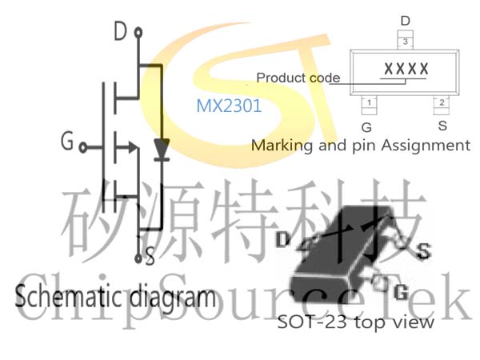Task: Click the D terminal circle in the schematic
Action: [x=138, y=33]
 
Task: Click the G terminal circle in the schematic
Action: [x=82, y=147]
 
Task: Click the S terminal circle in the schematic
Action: [x=138, y=258]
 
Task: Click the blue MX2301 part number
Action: [x=229, y=106]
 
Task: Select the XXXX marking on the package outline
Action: [x=406, y=69]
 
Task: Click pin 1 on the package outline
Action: [x=369, y=104]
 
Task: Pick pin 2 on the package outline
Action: [x=442, y=104]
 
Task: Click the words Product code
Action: [x=298, y=78]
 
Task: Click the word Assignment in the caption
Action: [x=426, y=145]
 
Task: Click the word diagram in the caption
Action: [x=173, y=298]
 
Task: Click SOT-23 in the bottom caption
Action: [x=312, y=322]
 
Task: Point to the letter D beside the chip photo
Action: [x=282, y=239]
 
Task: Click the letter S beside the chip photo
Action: [x=424, y=250]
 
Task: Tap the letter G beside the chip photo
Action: [x=402, y=292]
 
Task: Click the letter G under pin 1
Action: [x=366, y=127]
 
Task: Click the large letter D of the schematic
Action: [x=120, y=31]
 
